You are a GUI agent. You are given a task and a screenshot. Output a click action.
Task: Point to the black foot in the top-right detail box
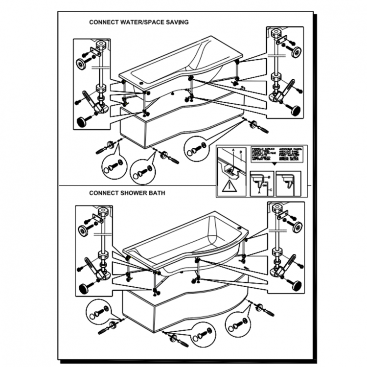(295, 110)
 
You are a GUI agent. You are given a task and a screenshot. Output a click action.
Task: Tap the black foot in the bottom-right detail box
(295, 285)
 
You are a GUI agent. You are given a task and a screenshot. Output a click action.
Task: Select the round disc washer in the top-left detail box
(80, 63)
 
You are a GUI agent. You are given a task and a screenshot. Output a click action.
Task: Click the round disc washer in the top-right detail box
(296, 52)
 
